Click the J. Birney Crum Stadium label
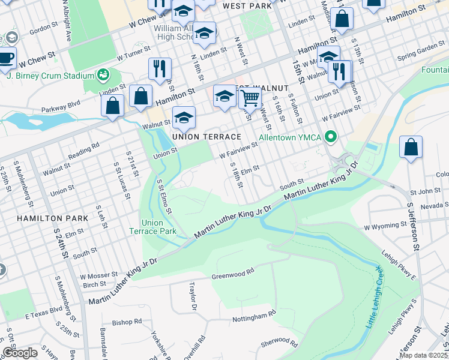pyautogui.click(x=50, y=76)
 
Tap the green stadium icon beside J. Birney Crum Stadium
pyautogui.click(x=103, y=75)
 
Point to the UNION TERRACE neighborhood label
pyautogui.click(x=206, y=137)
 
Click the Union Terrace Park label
pyautogui.click(x=153, y=227)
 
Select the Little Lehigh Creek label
pyautogui.click(x=373, y=297)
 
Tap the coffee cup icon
pyautogui.click(x=7, y=58)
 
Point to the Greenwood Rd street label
pyautogui.click(x=232, y=275)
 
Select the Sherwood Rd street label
pyautogui.click(x=279, y=343)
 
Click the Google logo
pyautogui.click(x=20, y=353)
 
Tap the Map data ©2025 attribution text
pyautogui.click(x=423, y=355)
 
